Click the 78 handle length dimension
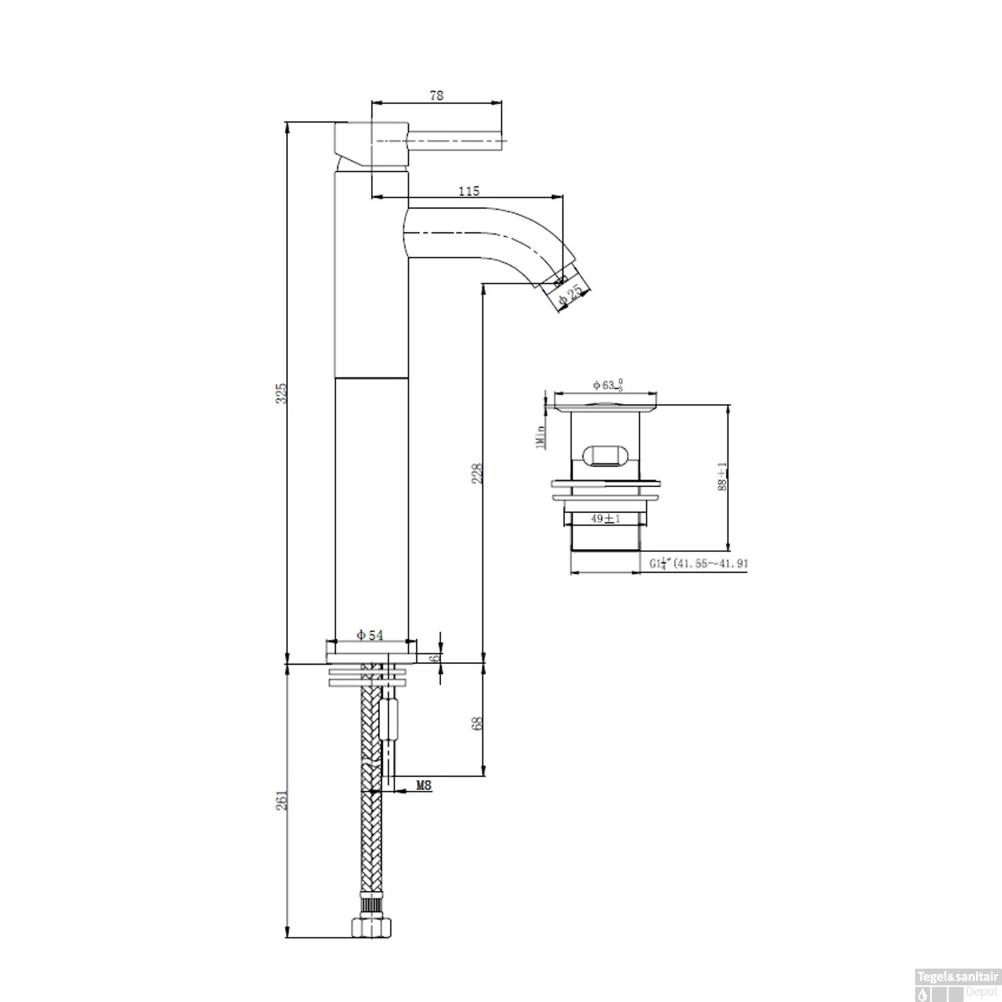coord(436,96)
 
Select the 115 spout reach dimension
coord(469,191)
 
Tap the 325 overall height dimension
coord(282,393)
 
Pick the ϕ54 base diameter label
coord(370,635)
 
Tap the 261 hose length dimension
coord(282,800)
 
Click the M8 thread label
coord(424,786)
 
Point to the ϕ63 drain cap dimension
coord(608,385)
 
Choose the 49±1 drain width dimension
coord(606,518)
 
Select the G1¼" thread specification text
coord(699,564)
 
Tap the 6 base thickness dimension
coord(436,657)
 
